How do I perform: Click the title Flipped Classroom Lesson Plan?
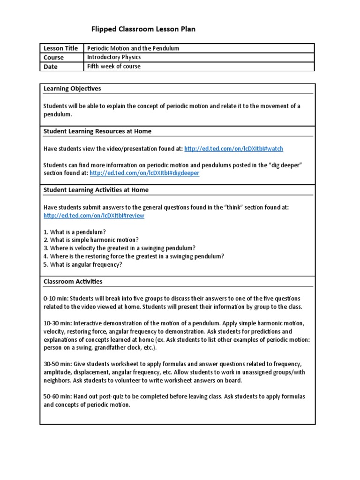pos(143,29)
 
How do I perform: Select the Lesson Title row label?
pos(60,48)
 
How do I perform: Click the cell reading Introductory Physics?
pos(114,57)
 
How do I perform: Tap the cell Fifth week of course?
pos(114,67)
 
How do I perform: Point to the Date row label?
pos(51,67)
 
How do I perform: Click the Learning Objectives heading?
pos(72,89)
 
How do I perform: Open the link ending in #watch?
pos(233,149)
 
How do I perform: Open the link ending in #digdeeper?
pos(144,173)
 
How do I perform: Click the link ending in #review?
pos(94,216)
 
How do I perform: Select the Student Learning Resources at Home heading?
pos(97,131)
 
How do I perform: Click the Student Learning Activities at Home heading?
pos(96,190)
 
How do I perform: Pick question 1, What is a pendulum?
pos(75,232)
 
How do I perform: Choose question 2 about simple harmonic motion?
pos(84,240)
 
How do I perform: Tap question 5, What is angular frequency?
pos(82,264)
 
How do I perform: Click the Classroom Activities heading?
pos(73,282)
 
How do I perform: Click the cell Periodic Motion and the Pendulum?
pos(134,48)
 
